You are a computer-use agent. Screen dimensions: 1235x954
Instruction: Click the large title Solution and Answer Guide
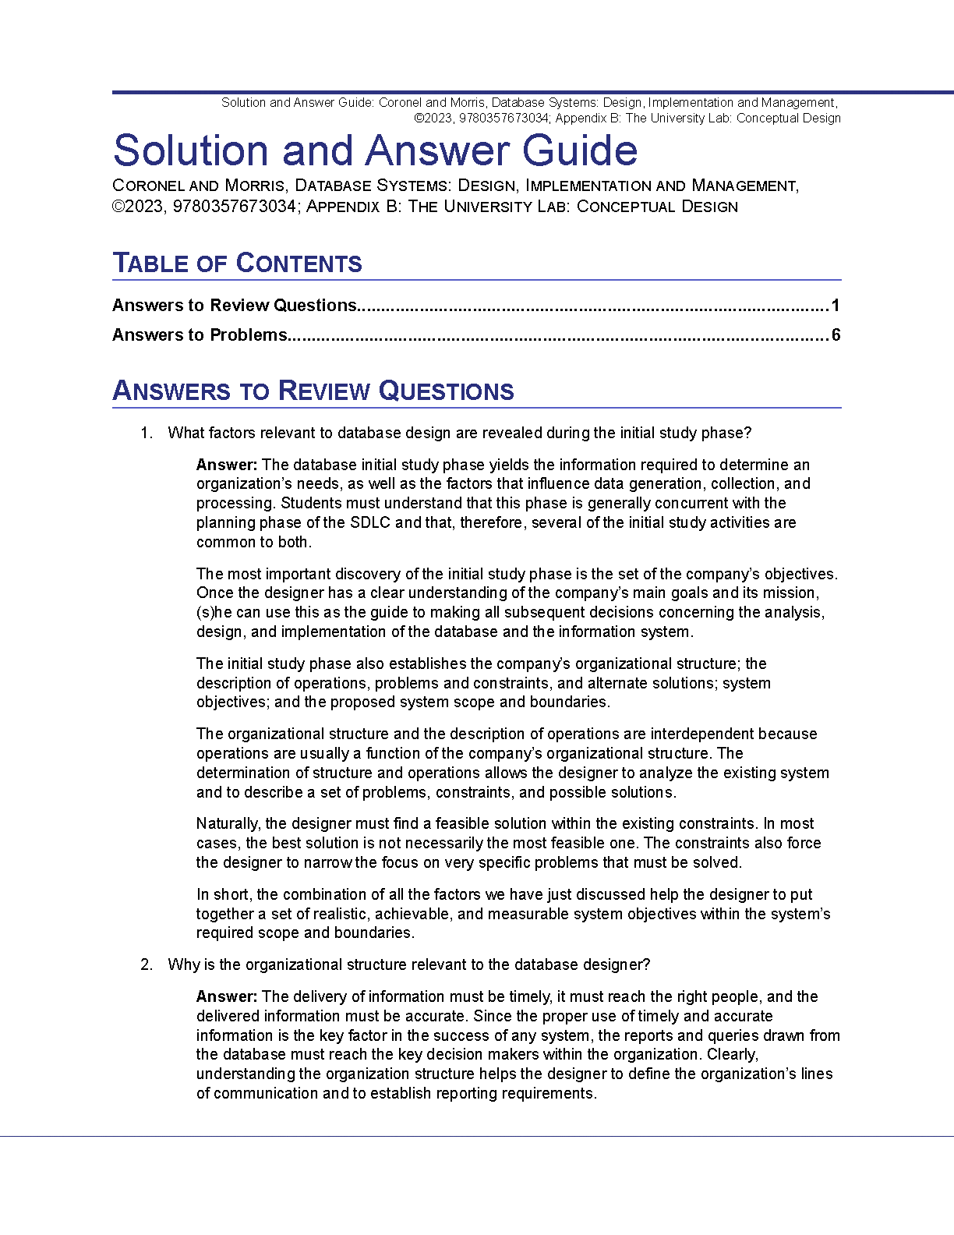pyautogui.click(x=375, y=150)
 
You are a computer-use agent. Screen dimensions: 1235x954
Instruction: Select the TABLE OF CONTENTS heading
pyautogui.click(x=237, y=264)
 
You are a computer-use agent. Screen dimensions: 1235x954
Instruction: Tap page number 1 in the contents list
pyautogui.click(x=836, y=306)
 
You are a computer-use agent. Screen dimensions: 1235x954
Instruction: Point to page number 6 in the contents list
pyautogui.click(x=836, y=335)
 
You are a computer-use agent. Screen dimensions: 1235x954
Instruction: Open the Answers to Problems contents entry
pyautogui.click(x=200, y=335)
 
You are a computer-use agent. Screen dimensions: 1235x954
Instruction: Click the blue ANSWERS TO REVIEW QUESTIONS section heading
pyautogui.click(x=313, y=391)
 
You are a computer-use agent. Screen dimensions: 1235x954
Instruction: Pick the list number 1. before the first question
pyautogui.click(x=147, y=433)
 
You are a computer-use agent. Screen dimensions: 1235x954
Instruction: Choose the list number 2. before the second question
pyautogui.click(x=147, y=965)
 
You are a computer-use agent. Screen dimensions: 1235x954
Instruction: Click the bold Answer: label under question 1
pyautogui.click(x=227, y=465)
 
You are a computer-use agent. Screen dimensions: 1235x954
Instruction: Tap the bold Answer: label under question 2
pyautogui.click(x=227, y=997)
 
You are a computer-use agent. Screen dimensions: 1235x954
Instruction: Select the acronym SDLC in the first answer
pyautogui.click(x=370, y=523)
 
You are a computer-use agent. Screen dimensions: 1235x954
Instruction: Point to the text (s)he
pyautogui.click(x=214, y=613)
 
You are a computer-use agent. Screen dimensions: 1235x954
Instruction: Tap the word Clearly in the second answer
pyautogui.click(x=732, y=1055)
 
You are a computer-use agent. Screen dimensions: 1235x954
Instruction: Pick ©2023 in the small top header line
pyautogui.click(x=433, y=119)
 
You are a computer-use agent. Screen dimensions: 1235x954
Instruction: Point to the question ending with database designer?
pyautogui.click(x=408, y=965)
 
